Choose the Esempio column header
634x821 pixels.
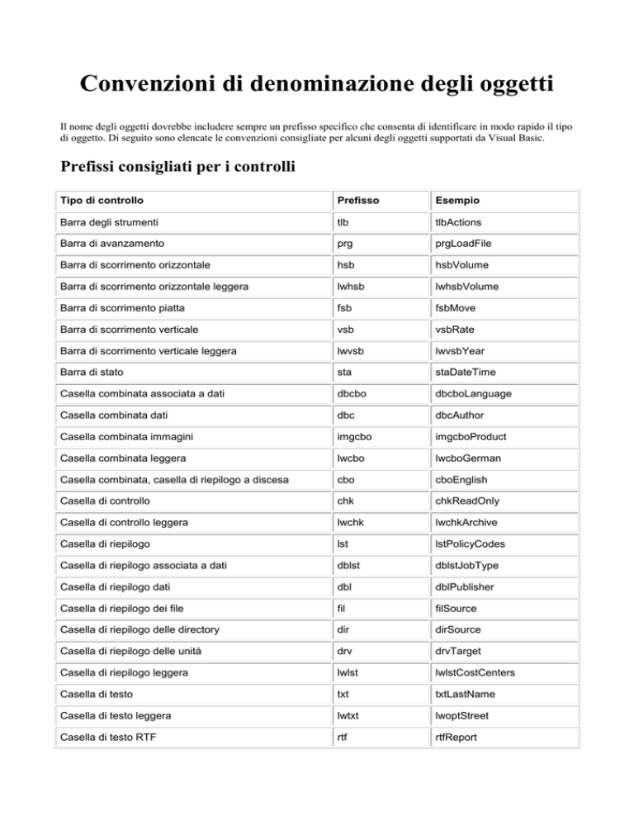(x=455, y=201)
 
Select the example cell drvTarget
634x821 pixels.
(x=458, y=652)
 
